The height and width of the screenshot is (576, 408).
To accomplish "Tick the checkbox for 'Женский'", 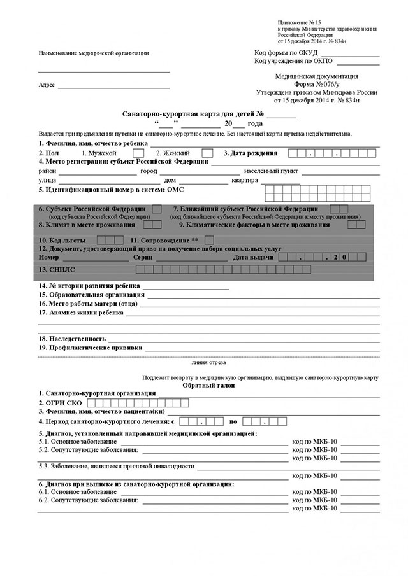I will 207,153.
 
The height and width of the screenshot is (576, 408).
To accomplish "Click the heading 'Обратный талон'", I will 208,385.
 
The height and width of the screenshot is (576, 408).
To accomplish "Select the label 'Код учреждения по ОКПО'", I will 293,61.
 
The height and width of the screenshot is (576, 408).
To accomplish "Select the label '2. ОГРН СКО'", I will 61,403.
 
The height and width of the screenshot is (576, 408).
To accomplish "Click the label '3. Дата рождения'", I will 250,153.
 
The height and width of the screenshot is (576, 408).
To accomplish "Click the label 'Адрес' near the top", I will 47,85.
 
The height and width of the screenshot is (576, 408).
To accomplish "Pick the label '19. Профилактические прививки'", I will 90,348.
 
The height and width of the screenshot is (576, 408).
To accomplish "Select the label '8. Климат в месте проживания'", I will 88,225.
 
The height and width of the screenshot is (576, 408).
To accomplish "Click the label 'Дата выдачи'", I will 254,257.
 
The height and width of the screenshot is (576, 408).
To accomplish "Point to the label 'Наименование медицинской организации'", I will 94,53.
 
